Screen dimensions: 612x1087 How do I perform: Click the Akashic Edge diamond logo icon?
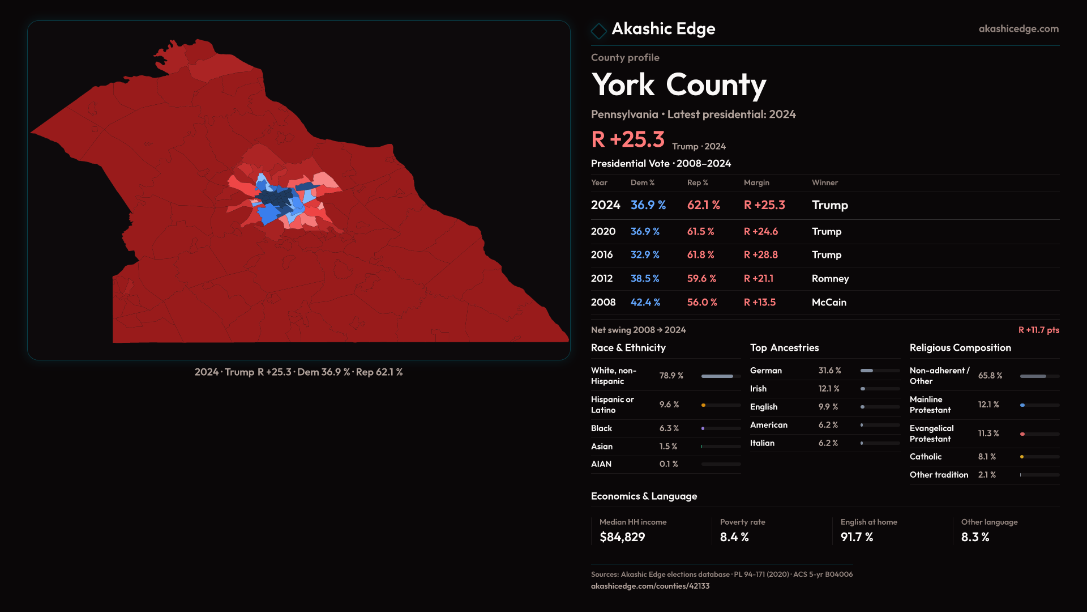point(598,31)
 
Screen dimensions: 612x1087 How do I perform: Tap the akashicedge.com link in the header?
point(1018,28)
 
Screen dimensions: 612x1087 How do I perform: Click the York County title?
point(678,85)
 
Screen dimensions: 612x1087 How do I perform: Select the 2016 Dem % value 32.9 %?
point(645,255)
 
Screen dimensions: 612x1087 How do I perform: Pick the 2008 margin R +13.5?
point(760,303)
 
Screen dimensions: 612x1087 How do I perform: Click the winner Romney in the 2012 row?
point(830,279)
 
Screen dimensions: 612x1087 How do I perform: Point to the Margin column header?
point(756,182)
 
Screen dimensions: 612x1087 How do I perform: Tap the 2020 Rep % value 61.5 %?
point(700,232)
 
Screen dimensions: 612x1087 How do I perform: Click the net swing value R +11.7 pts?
point(1038,330)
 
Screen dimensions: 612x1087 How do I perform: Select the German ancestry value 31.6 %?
point(829,371)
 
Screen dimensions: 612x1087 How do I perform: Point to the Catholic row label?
point(926,457)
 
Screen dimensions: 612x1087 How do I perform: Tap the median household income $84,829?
point(622,537)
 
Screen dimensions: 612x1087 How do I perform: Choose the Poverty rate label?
point(742,522)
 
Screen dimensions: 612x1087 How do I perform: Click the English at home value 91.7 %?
point(857,537)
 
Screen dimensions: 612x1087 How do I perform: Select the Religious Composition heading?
point(960,348)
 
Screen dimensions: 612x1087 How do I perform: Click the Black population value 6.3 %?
point(669,428)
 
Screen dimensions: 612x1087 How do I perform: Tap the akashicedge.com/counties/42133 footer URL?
point(650,586)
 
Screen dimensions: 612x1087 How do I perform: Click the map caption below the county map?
point(298,372)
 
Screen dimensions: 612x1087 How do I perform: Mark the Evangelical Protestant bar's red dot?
point(1022,434)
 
